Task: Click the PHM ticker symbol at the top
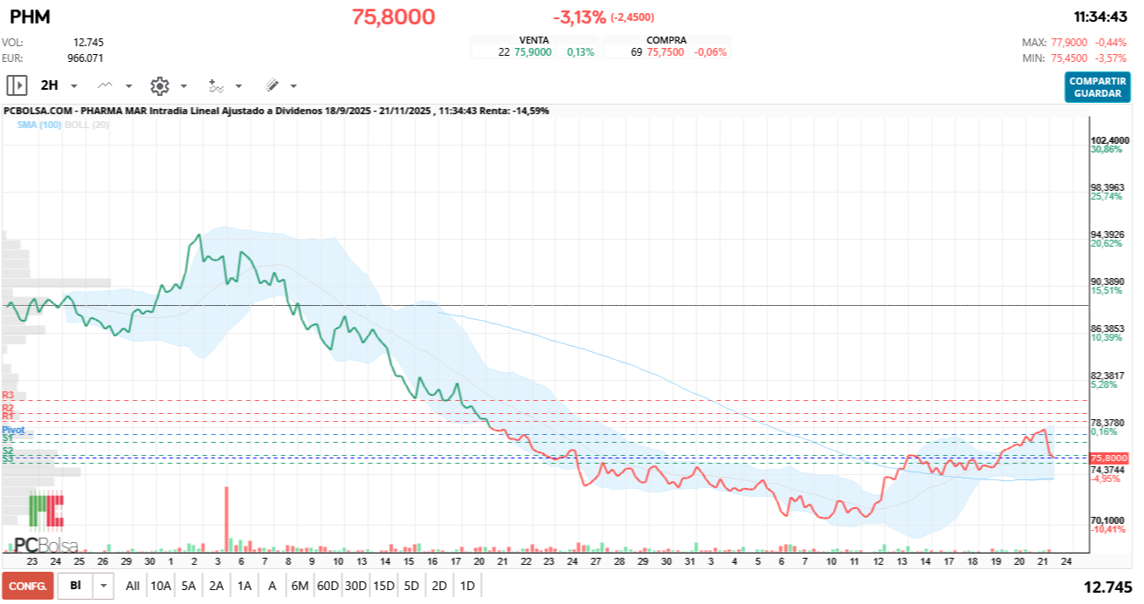click(x=30, y=17)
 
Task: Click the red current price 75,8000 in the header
click(x=393, y=17)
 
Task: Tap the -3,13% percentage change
click(x=579, y=17)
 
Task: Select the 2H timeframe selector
click(x=50, y=85)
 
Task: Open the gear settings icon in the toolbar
click(x=159, y=85)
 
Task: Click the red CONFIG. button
click(x=27, y=586)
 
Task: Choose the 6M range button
click(x=300, y=586)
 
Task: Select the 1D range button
click(x=467, y=586)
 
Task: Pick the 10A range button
click(x=160, y=586)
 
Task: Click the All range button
click(x=132, y=586)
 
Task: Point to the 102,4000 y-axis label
click(x=1110, y=140)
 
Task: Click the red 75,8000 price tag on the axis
click(x=1109, y=458)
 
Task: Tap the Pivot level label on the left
click(x=13, y=431)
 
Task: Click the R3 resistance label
click(x=8, y=396)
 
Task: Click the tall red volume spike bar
click(x=227, y=519)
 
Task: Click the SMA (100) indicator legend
click(x=39, y=125)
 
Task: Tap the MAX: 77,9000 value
click(x=1057, y=42)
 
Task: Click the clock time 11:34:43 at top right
click(x=1100, y=17)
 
